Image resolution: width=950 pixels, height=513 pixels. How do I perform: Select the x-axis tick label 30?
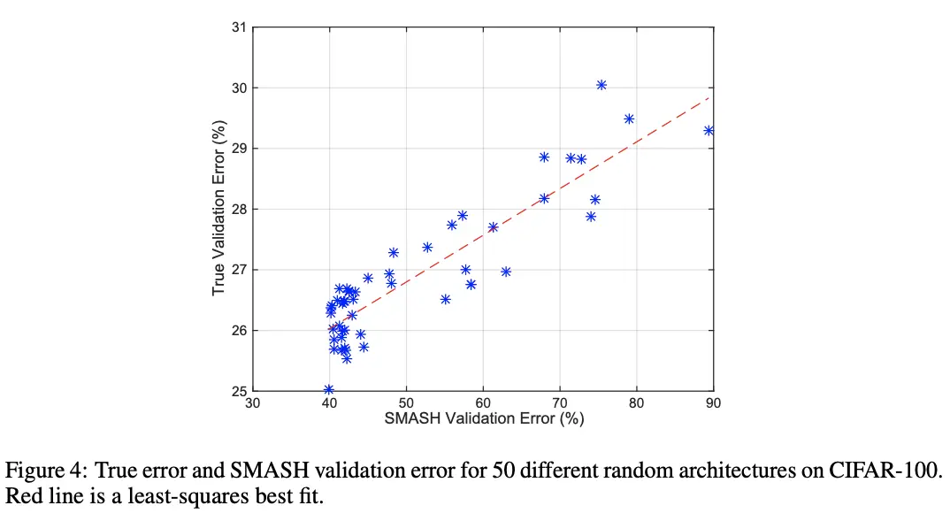253,403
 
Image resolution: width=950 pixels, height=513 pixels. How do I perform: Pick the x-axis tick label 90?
713,403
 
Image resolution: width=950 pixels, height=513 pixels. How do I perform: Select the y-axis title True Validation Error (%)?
218,209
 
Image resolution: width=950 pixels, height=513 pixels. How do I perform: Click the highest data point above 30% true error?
601,85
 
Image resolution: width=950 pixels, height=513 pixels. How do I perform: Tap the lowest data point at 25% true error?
328,389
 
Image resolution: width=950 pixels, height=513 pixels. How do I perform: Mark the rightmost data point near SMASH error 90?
709,130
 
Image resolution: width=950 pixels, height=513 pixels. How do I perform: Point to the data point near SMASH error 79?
629,119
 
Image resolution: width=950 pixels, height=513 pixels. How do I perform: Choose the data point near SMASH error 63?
506,272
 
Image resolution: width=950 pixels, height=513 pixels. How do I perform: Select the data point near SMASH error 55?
445,299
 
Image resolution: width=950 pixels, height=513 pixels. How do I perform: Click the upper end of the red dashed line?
709,97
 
